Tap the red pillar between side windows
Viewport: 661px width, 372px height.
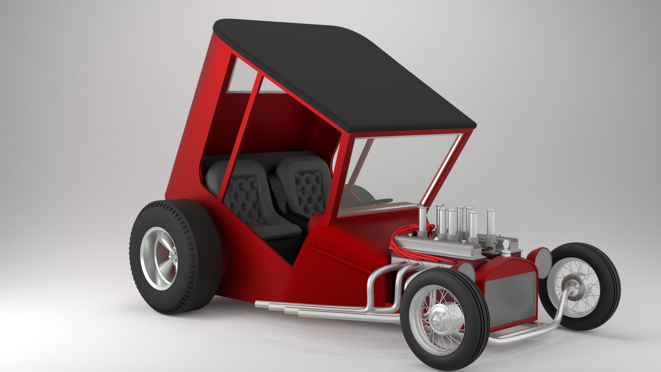(243, 138)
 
